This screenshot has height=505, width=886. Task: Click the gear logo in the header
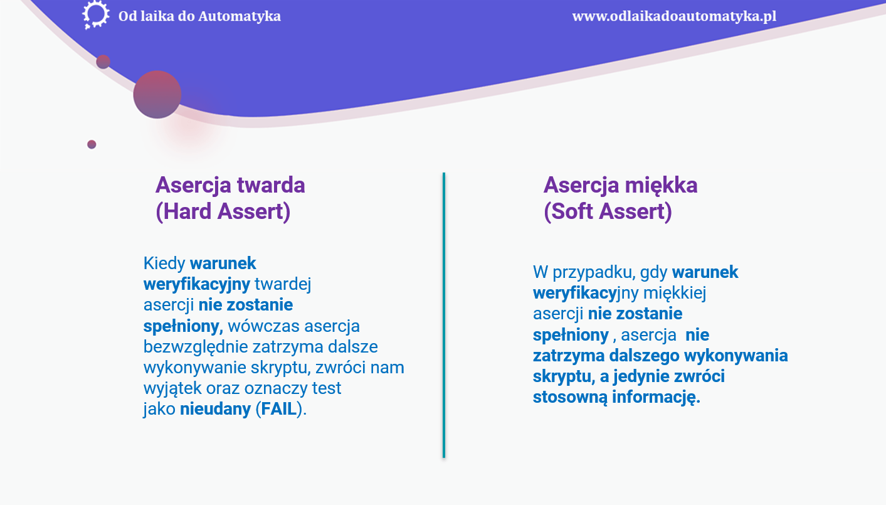[x=96, y=15]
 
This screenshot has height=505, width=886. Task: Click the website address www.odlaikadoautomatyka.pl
[x=674, y=16]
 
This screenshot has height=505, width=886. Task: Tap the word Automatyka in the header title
[x=240, y=16]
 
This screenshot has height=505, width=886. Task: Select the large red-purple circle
[x=157, y=95]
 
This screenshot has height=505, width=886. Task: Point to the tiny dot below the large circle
[x=92, y=144]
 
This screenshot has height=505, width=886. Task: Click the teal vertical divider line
[x=444, y=315]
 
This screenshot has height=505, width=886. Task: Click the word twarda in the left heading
[x=271, y=185]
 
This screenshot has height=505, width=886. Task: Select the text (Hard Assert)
[x=223, y=211]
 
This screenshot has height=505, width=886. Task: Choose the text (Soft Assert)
[x=608, y=211]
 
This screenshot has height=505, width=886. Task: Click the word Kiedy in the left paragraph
[x=164, y=263]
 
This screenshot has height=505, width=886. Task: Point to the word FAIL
[x=279, y=409]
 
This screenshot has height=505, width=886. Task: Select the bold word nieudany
[x=215, y=409]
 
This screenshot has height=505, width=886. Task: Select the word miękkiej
[x=675, y=294]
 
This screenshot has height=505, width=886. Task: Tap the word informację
[x=656, y=397]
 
